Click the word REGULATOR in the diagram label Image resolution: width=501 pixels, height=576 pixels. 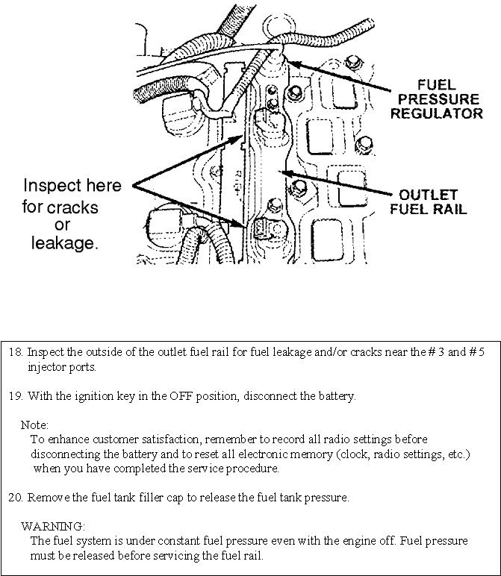tap(437, 114)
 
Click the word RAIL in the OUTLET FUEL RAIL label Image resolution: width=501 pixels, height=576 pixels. tap(448, 209)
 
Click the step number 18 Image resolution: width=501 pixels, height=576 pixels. tap(15, 353)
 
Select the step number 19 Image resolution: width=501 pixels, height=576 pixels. tap(15, 396)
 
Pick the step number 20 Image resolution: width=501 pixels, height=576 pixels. tap(15, 498)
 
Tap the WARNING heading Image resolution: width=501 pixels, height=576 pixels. tap(52, 527)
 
